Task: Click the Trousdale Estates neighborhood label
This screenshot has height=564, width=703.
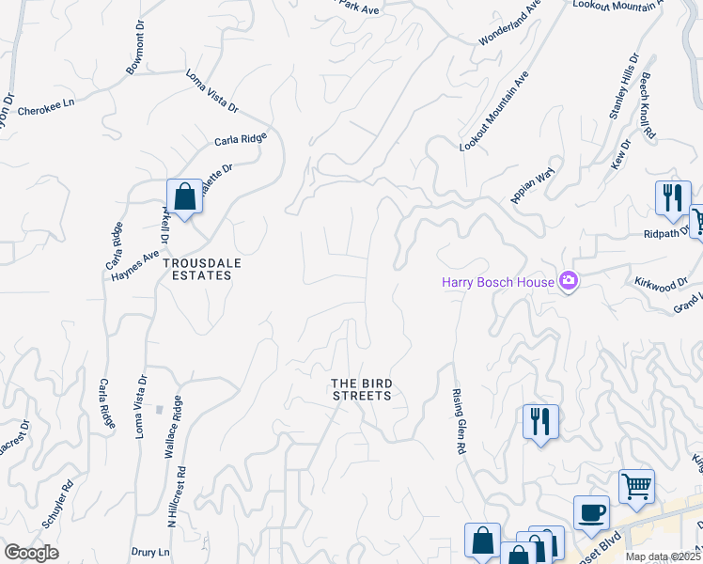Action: (196, 270)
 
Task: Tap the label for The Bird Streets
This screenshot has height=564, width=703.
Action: (361, 389)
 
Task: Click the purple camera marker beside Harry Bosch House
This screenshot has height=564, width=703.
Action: (568, 282)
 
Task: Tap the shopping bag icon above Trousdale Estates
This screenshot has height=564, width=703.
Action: (185, 198)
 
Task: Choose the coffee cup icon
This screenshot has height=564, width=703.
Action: (591, 513)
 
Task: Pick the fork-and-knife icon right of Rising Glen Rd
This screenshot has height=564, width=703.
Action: (541, 422)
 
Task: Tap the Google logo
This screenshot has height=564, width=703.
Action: (31, 552)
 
